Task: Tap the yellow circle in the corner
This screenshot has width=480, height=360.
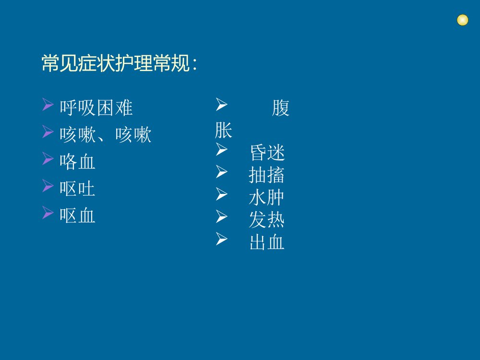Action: pyautogui.click(x=462, y=20)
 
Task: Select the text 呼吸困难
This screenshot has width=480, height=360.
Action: pyautogui.click(x=96, y=108)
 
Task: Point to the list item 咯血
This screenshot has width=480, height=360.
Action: pyautogui.click(x=77, y=162)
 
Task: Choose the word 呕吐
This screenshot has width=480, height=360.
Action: pyautogui.click(x=77, y=189)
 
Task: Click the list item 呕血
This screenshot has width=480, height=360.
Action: pyautogui.click(x=77, y=216)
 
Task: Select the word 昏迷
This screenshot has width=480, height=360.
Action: pyautogui.click(x=267, y=154)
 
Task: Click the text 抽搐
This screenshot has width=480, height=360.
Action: pyautogui.click(x=267, y=176)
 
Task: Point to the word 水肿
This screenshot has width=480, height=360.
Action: pyautogui.click(x=267, y=198)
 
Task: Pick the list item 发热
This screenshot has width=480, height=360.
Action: pyautogui.click(x=267, y=220)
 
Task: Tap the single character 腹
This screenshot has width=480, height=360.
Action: pyautogui.click(x=280, y=108)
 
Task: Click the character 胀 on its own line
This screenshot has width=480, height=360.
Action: pyautogui.click(x=224, y=131)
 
